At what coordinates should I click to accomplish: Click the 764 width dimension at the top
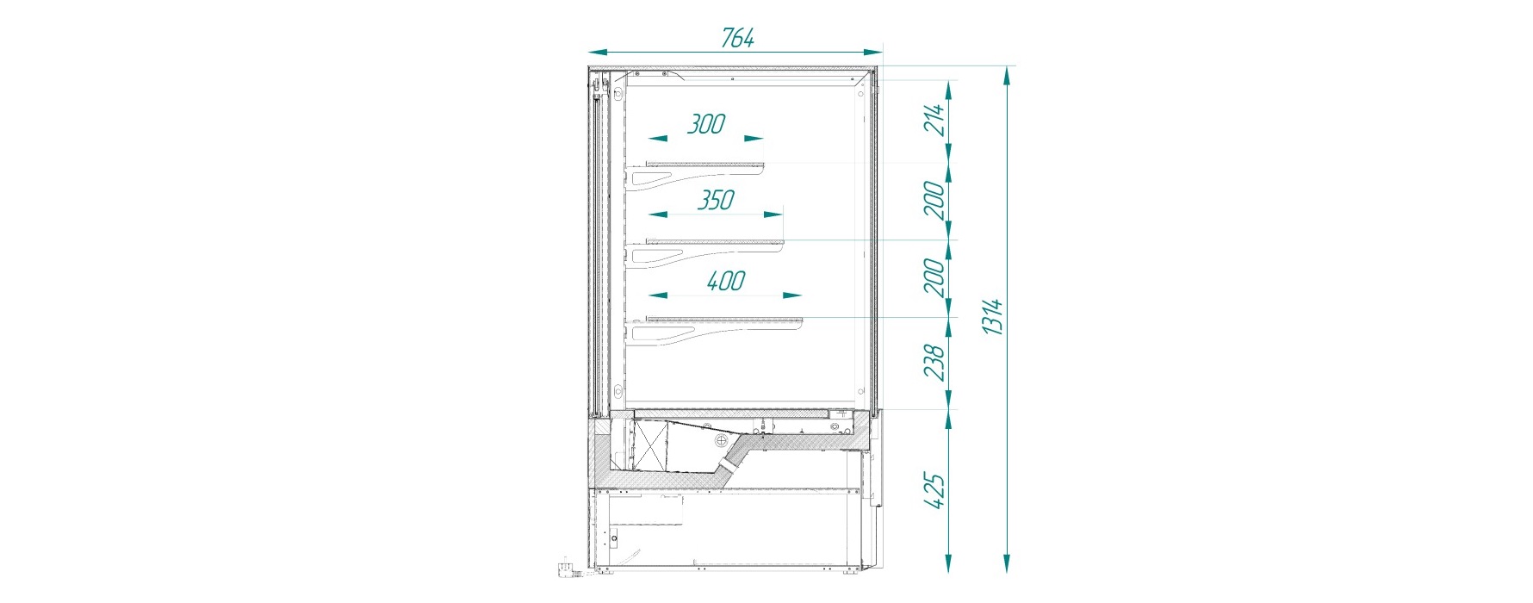point(738,38)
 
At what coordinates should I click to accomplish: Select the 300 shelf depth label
point(706,124)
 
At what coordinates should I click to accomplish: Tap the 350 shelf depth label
point(716,200)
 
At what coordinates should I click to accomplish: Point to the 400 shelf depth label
point(725,281)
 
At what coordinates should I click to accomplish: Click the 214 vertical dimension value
point(935,119)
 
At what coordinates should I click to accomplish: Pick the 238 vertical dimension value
point(935,362)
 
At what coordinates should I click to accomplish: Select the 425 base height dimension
point(935,490)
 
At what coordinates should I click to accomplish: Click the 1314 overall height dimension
point(993,316)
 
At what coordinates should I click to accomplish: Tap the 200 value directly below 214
point(935,200)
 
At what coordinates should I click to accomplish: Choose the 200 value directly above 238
point(935,277)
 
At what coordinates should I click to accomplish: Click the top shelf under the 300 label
point(705,165)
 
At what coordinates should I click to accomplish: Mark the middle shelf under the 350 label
point(715,242)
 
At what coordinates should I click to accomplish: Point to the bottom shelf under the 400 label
point(724,320)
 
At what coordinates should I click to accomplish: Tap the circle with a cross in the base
point(720,439)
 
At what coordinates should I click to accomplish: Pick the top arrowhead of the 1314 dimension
point(1006,73)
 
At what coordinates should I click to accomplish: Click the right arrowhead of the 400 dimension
point(792,295)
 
